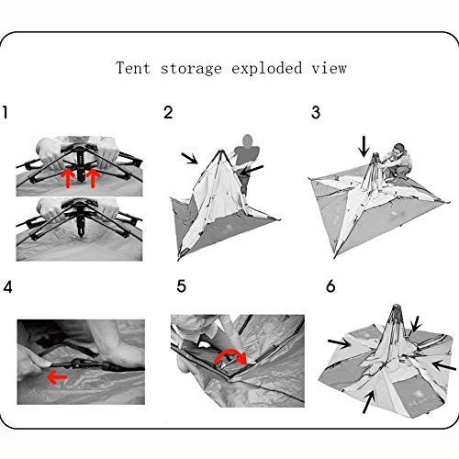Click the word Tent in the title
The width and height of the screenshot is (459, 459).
pyautogui.click(x=133, y=68)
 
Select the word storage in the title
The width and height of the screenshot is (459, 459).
pyautogui.click(x=191, y=69)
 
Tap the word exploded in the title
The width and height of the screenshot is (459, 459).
pyautogui.click(x=267, y=69)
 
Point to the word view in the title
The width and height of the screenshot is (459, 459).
pyautogui.click(x=330, y=68)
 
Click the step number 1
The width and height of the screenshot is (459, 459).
pyautogui.click(x=6, y=112)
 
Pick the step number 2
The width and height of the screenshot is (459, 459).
pyautogui.click(x=168, y=112)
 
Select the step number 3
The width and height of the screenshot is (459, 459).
pyautogui.click(x=316, y=112)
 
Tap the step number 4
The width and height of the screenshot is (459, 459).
pyautogui.click(x=8, y=287)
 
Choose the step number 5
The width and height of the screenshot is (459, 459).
pyautogui.click(x=182, y=286)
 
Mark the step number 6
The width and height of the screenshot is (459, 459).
pyautogui.click(x=330, y=286)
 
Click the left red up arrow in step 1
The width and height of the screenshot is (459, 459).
pyautogui.click(x=68, y=178)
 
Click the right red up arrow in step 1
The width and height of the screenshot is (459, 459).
pyautogui.click(x=93, y=178)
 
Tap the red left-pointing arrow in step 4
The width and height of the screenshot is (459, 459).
pyautogui.click(x=57, y=377)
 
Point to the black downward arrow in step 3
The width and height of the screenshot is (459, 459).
pyautogui.click(x=364, y=147)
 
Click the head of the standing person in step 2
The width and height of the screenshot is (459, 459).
pyautogui.click(x=248, y=140)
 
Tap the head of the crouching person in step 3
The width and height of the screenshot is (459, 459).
pyautogui.click(x=399, y=149)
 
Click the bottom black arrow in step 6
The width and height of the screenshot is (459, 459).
pyautogui.click(x=369, y=402)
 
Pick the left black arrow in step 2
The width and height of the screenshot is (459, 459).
pyautogui.click(x=189, y=158)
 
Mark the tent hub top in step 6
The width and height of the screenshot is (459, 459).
pyautogui.click(x=397, y=308)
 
